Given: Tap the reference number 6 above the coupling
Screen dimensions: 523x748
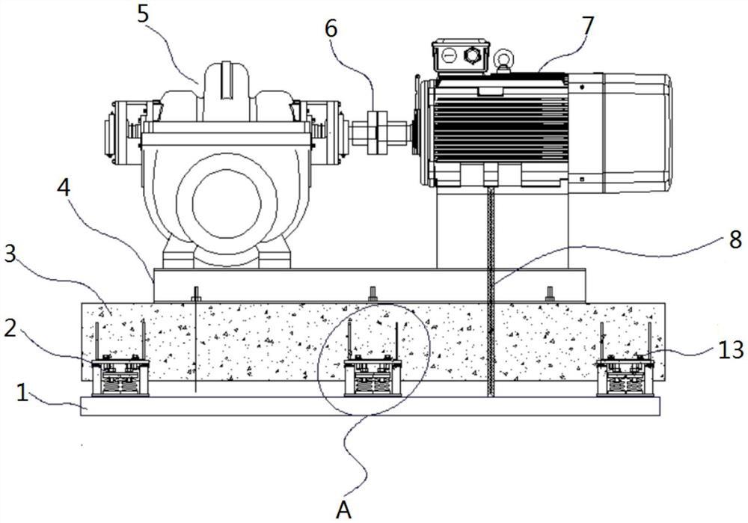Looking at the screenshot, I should (331, 28).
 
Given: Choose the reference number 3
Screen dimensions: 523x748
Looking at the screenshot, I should (10, 254).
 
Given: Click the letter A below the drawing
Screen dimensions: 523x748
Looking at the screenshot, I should (343, 510).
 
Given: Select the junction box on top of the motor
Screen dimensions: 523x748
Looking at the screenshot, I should (459, 56).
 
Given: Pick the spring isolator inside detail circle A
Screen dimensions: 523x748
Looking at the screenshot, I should (372, 378).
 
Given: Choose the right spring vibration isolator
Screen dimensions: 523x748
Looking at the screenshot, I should (625, 378).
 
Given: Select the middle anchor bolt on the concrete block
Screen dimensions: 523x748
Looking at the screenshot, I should (372, 293).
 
